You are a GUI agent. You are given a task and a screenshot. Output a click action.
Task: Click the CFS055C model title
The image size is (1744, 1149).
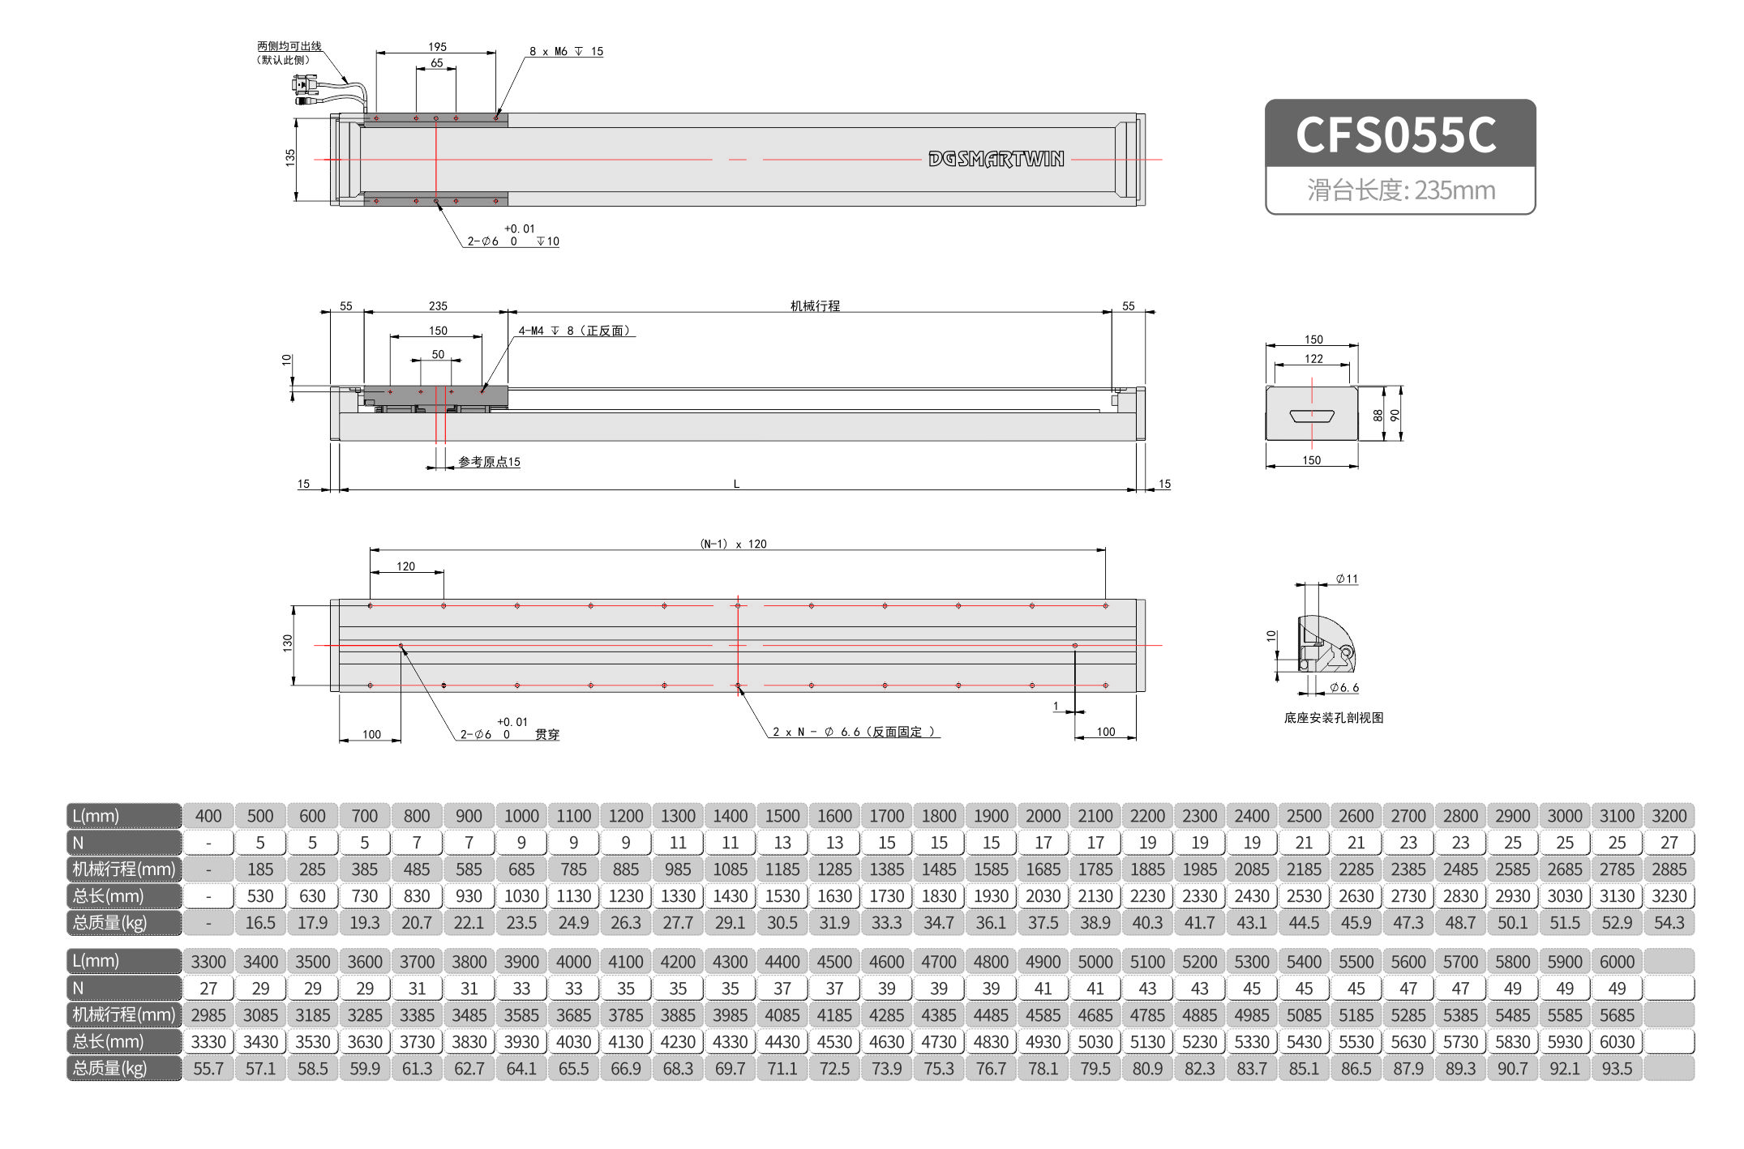(x=1395, y=135)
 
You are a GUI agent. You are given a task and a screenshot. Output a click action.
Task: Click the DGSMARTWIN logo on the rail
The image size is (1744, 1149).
(x=996, y=159)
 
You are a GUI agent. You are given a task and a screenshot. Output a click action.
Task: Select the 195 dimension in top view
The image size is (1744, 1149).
(x=437, y=47)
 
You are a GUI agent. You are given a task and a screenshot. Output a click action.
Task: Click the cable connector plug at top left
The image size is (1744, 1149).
(x=305, y=85)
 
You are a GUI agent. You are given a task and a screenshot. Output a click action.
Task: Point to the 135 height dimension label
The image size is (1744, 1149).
(x=290, y=158)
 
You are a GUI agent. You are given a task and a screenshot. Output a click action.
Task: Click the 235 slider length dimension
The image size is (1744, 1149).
(x=438, y=305)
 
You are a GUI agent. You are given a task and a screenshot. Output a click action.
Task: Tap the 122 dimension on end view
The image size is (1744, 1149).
(x=1313, y=358)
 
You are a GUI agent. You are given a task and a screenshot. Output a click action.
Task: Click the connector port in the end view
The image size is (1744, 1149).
(x=1312, y=416)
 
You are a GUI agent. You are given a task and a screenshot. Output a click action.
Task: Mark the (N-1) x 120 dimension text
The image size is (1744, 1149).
(x=733, y=544)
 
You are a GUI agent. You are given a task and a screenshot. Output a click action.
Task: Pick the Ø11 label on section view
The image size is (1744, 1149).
(x=1347, y=579)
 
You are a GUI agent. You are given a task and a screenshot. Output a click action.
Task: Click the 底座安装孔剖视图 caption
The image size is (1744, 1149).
(x=1334, y=717)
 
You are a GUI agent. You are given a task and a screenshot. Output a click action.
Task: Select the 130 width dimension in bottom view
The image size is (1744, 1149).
(x=288, y=643)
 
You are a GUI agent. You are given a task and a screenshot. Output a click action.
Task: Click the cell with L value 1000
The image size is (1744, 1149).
(x=521, y=816)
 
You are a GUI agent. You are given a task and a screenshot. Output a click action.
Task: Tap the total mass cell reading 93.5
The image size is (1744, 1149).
(x=1617, y=1069)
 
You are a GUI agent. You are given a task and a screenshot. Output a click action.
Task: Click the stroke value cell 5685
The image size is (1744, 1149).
(x=1617, y=1015)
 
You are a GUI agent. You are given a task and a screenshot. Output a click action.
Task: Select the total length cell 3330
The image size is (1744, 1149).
(x=208, y=1042)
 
